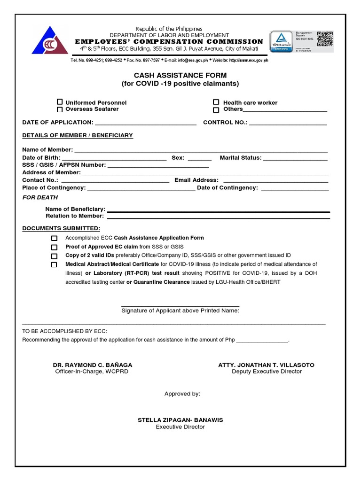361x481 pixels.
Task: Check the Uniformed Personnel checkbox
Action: [x=60, y=102]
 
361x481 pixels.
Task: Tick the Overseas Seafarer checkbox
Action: [x=60, y=109]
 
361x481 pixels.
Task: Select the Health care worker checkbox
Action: [x=216, y=102]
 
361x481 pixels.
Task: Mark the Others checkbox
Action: [x=216, y=110]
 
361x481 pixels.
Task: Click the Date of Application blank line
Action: [x=145, y=124]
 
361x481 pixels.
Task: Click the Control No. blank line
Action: [x=288, y=124]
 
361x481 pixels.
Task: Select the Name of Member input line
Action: [x=201, y=151]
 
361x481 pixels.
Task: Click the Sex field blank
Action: [x=199, y=159]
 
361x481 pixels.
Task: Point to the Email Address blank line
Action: [x=275, y=181]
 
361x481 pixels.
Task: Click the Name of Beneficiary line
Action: [x=219, y=210]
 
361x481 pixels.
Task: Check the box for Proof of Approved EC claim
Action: [x=55, y=247]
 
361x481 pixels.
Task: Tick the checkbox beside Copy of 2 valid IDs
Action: [x=55, y=256]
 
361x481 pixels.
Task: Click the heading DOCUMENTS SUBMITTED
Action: [x=62, y=228]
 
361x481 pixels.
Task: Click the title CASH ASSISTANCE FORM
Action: [x=180, y=75]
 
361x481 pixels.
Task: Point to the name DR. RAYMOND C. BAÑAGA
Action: [x=92, y=365]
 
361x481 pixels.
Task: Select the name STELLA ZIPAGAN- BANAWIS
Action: [x=180, y=420]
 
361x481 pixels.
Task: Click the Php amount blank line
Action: [x=262, y=341]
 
